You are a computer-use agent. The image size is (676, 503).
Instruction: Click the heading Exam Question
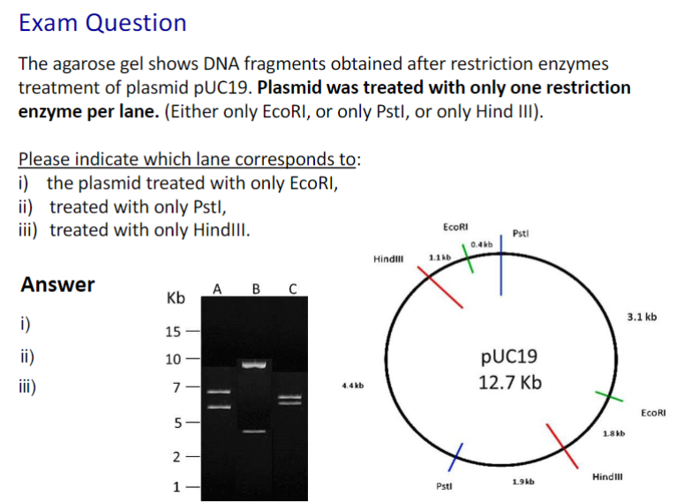102,22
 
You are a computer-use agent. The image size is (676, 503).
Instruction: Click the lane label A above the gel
217,289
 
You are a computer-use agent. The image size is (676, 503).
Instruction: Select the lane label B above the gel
256,289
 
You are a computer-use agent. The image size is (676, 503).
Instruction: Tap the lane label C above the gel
293,289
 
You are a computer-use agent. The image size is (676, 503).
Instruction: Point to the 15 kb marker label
173,332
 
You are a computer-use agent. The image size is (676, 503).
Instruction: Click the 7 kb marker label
177,387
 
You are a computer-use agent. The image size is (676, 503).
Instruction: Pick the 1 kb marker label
177,487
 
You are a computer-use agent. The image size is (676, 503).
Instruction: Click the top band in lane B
254,364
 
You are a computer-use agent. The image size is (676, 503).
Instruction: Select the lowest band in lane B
254,431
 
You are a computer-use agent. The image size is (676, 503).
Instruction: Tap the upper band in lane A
219,392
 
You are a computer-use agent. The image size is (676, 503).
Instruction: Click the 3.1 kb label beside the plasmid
642,317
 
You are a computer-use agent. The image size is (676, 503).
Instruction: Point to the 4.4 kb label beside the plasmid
353,386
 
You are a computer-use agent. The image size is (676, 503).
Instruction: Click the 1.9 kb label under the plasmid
523,482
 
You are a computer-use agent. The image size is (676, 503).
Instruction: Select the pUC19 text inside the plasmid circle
509,357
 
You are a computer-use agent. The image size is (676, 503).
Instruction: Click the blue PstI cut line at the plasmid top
501,265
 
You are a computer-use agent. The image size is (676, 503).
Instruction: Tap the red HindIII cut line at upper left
440,287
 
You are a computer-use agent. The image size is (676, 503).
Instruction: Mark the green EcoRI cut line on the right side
609,396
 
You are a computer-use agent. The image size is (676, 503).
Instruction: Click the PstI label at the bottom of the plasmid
444,486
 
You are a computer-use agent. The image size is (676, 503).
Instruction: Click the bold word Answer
57,284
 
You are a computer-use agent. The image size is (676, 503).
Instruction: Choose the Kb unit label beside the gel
176,298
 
